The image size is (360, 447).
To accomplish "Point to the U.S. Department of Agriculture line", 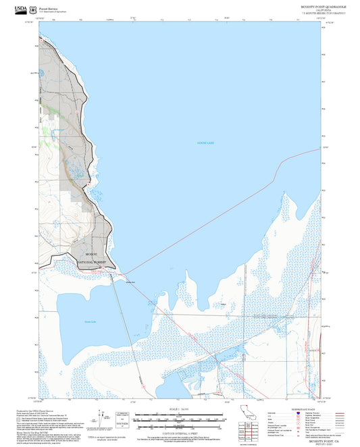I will (52, 11).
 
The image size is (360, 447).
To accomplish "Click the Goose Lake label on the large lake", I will (205, 142).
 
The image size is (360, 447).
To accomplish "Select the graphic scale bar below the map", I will (179, 419).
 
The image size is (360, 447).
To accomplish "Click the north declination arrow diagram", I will (101, 419).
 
